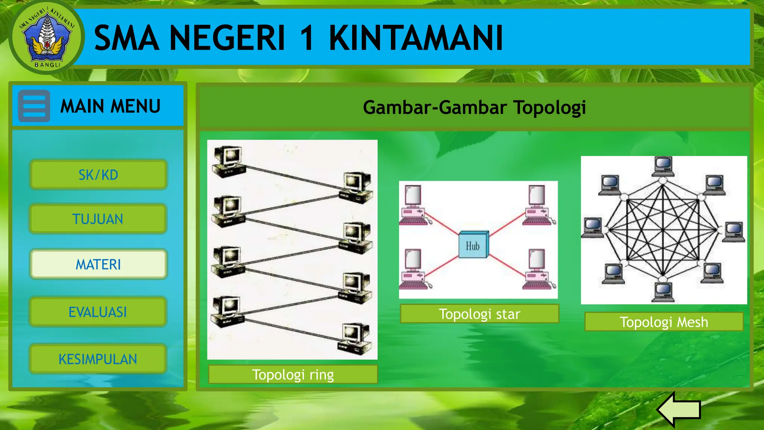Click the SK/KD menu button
click(98, 175)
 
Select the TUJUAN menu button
click(98, 219)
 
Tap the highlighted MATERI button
click(98, 264)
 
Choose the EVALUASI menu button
click(98, 312)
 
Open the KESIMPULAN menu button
click(98, 359)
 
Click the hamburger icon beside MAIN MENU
click(34, 106)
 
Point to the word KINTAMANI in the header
click(416, 38)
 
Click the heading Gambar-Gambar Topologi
click(474, 107)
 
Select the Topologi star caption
click(479, 314)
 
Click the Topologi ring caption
click(293, 374)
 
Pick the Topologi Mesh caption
click(664, 322)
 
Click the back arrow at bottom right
click(679, 409)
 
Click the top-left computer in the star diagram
click(413, 205)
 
